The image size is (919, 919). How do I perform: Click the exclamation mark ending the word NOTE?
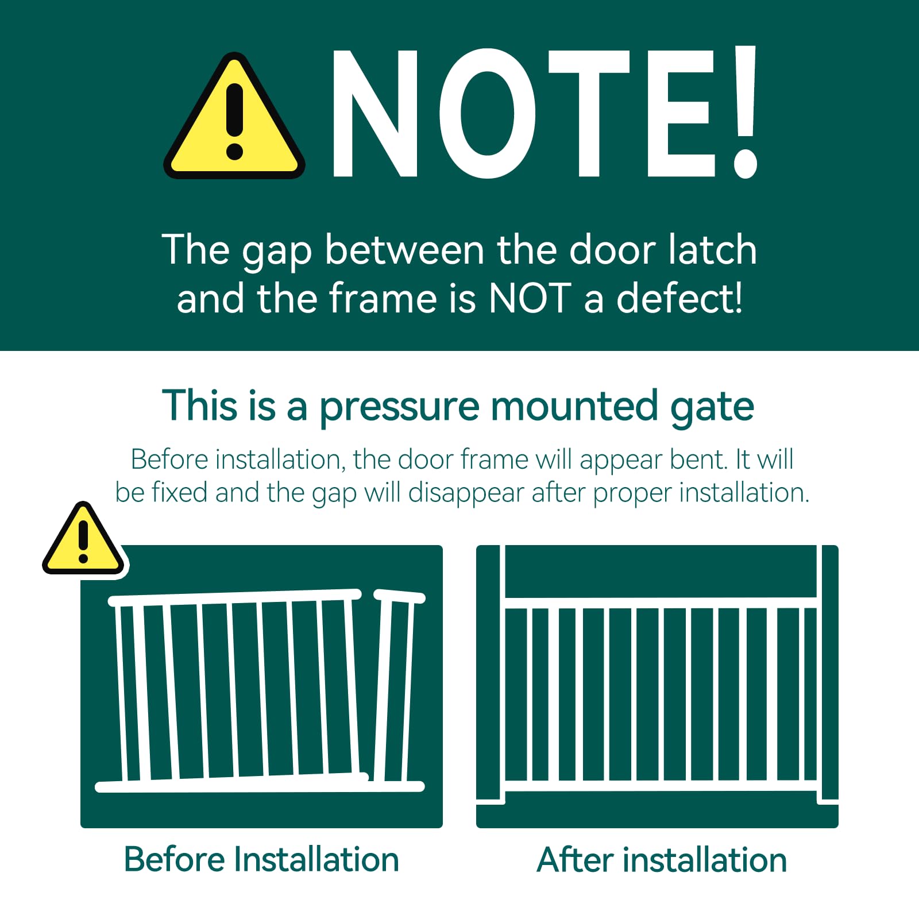[x=746, y=112]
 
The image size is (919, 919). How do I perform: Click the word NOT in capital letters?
[x=530, y=299]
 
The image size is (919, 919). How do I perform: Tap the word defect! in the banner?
[x=679, y=299]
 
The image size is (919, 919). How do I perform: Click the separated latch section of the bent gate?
[x=395, y=689]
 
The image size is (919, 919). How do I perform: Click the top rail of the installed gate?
[x=661, y=603]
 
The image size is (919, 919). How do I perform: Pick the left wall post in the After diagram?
[x=490, y=672]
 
